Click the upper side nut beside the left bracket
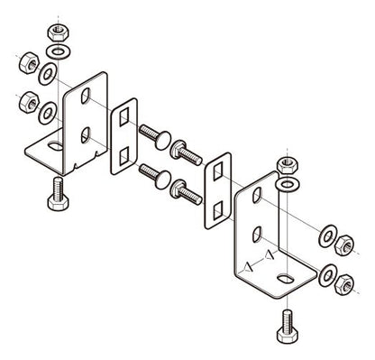tap(27, 68)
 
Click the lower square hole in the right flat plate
tap(216, 207)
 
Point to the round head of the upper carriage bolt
tap(159, 137)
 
